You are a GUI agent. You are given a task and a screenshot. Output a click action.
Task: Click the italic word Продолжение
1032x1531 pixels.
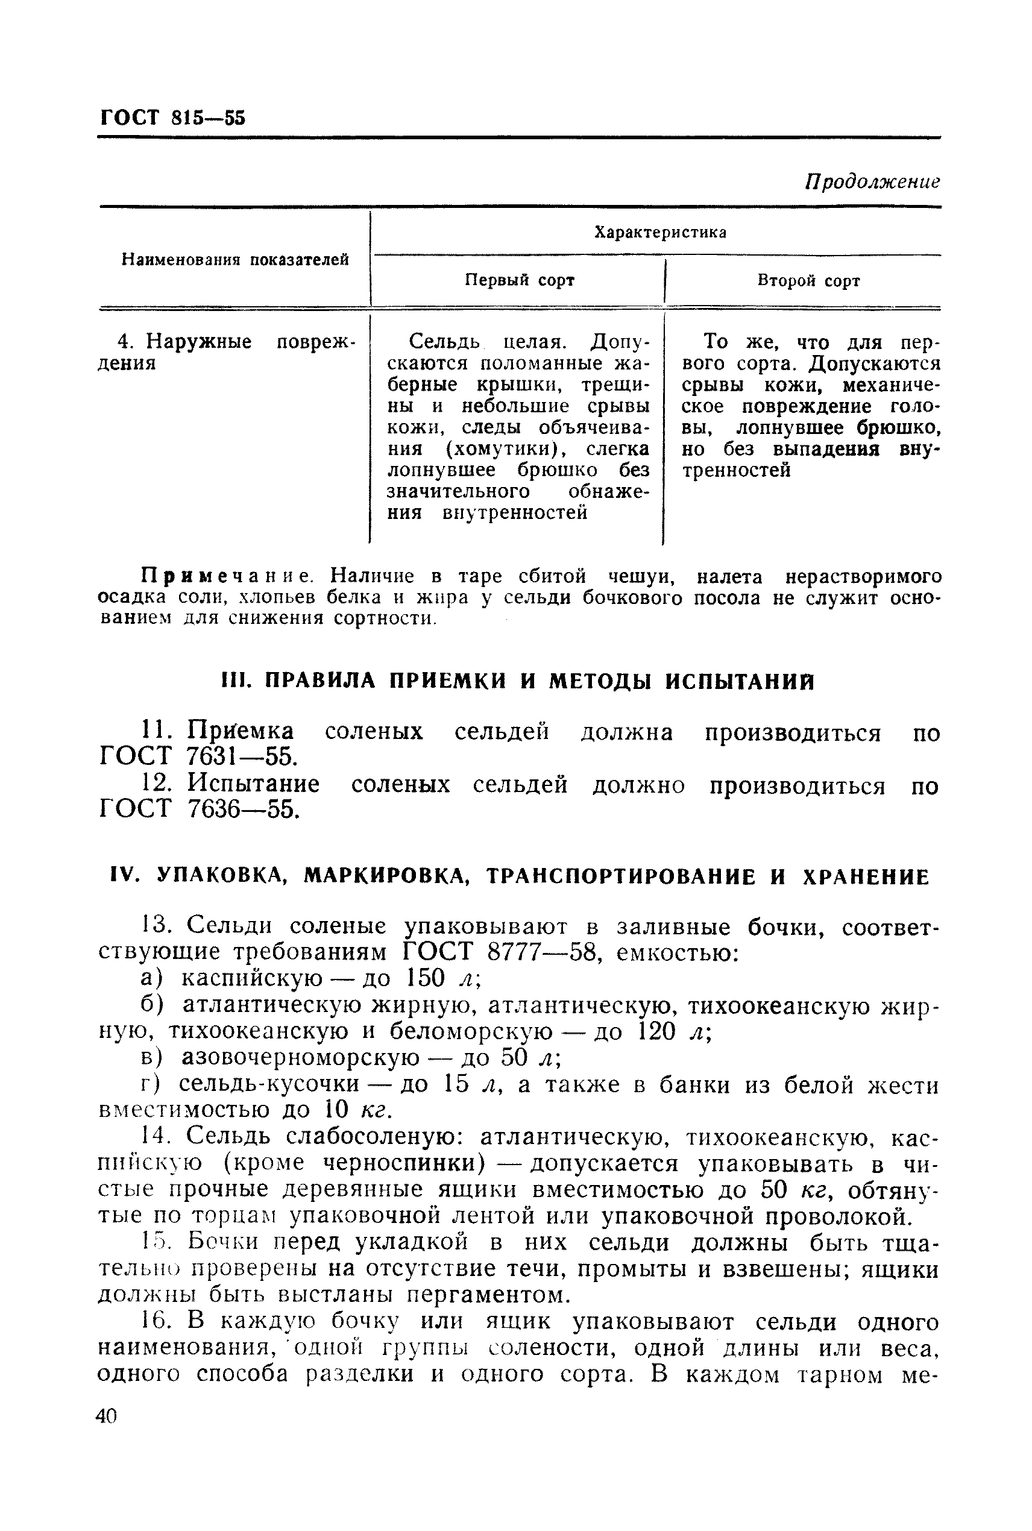click(x=873, y=181)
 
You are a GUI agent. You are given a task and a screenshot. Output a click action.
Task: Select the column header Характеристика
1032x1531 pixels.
click(x=659, y=232)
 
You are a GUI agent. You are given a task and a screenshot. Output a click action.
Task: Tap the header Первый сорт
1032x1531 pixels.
click(x=519, y=280)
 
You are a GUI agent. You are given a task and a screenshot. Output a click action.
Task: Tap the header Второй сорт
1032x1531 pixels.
click(x=808, y=281)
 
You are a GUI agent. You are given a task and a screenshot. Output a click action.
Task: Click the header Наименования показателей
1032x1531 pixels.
click(x=235, y=260)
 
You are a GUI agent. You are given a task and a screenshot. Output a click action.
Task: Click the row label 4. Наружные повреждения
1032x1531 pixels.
click(x=224, y=352)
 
